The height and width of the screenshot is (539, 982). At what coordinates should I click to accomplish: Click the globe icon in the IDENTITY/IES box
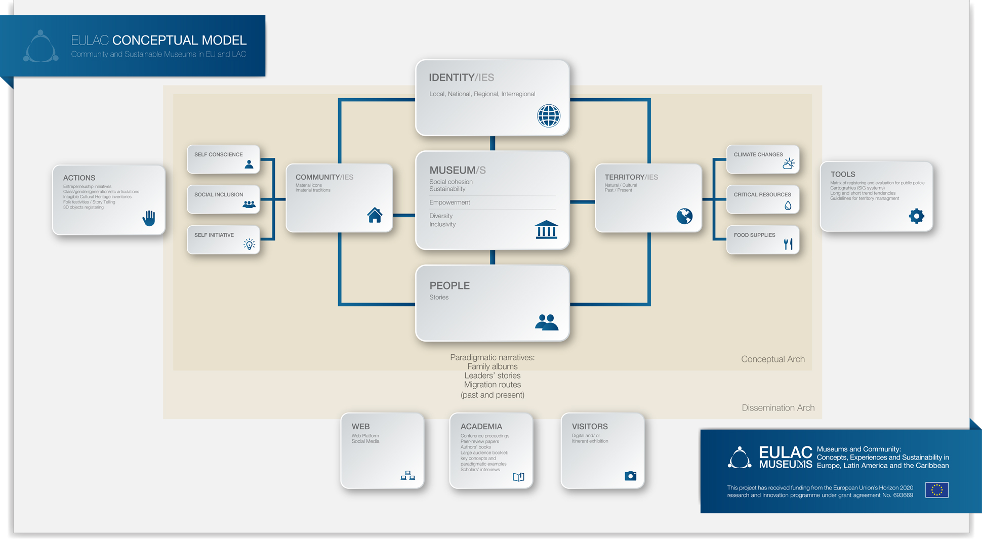click(x=549, y=116)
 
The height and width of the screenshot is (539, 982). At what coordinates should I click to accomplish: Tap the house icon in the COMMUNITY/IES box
click(x=375, y=215)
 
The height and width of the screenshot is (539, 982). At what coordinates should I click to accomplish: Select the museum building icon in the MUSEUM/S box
click(x=546, y=229)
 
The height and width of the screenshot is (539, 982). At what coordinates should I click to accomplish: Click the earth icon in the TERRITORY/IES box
click(x=684, y=216)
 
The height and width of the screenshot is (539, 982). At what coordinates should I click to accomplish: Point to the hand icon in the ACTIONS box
click(x=149, y=218)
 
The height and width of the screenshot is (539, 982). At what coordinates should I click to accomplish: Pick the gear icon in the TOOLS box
click(x=916, y=216)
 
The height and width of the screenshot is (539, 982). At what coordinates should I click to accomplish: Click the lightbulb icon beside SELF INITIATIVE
click(x=249, y=244)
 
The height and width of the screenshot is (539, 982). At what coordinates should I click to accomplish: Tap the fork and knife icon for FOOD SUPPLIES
click(x=788, y=244)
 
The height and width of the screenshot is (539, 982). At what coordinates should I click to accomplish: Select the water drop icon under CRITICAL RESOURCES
click(x=788, y=205)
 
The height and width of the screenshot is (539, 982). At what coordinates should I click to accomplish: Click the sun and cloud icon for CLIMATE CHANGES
click(x=788, y=163)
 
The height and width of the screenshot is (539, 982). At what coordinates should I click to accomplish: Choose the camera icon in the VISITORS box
click(x=630, y=476)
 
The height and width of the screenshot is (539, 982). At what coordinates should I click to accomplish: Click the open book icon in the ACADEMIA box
click(x=518, y=477)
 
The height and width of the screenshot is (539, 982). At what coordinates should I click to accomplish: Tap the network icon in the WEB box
click(x=407, y=476)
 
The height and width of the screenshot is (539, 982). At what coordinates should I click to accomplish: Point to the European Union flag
click(x=936, y=490)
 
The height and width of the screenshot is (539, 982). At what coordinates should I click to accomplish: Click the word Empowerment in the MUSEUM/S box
click(x=449, y=202)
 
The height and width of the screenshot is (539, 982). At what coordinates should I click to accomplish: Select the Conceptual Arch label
click(x=772, y=359)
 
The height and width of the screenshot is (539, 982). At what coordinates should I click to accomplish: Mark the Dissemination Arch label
click(x=778, y=408)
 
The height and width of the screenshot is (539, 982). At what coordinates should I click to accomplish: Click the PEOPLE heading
click(x=449, y=285)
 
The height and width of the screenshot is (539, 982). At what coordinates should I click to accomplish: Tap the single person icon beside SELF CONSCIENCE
click(x=249, y=164)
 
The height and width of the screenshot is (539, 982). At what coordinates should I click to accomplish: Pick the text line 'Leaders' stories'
click(x=493, y=376)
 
